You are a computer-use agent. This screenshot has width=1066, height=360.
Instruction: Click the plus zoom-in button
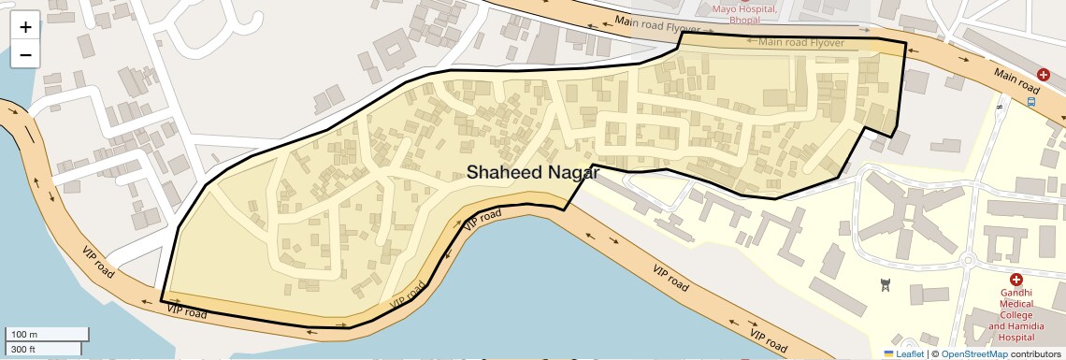point(25,26)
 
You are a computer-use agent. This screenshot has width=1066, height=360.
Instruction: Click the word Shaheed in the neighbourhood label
point(504,172)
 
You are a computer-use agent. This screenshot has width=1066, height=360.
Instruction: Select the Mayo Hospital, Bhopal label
point(745,14)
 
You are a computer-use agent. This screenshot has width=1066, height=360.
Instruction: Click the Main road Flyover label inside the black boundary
point(801,42)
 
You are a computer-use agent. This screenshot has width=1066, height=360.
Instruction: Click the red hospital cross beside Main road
point(1044,74)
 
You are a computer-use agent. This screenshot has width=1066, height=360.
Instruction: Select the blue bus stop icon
point(1030,101)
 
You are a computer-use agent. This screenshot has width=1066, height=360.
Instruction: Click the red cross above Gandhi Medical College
point(1016,280)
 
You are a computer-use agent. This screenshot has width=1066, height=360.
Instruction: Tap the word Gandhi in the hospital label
point(1016,293)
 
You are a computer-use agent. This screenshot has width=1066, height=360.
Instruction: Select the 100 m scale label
point(24,335)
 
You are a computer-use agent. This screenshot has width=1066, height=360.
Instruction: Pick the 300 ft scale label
point(24,350)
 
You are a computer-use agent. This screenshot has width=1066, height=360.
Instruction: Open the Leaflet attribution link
point(909,353)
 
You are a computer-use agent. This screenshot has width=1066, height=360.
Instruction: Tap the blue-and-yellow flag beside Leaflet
point(888,353)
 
